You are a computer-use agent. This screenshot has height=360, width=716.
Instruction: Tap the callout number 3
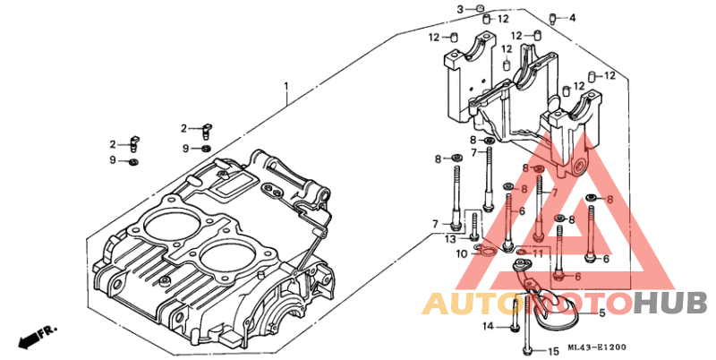461,9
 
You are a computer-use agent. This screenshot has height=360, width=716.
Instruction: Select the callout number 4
573,17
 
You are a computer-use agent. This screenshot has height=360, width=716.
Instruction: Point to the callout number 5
602,313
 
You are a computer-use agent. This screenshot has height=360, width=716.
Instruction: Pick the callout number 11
538,253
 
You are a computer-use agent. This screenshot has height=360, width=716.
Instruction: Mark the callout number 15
553,350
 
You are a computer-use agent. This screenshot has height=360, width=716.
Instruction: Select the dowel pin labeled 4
552,17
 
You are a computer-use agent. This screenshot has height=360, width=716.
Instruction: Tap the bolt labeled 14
516,318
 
